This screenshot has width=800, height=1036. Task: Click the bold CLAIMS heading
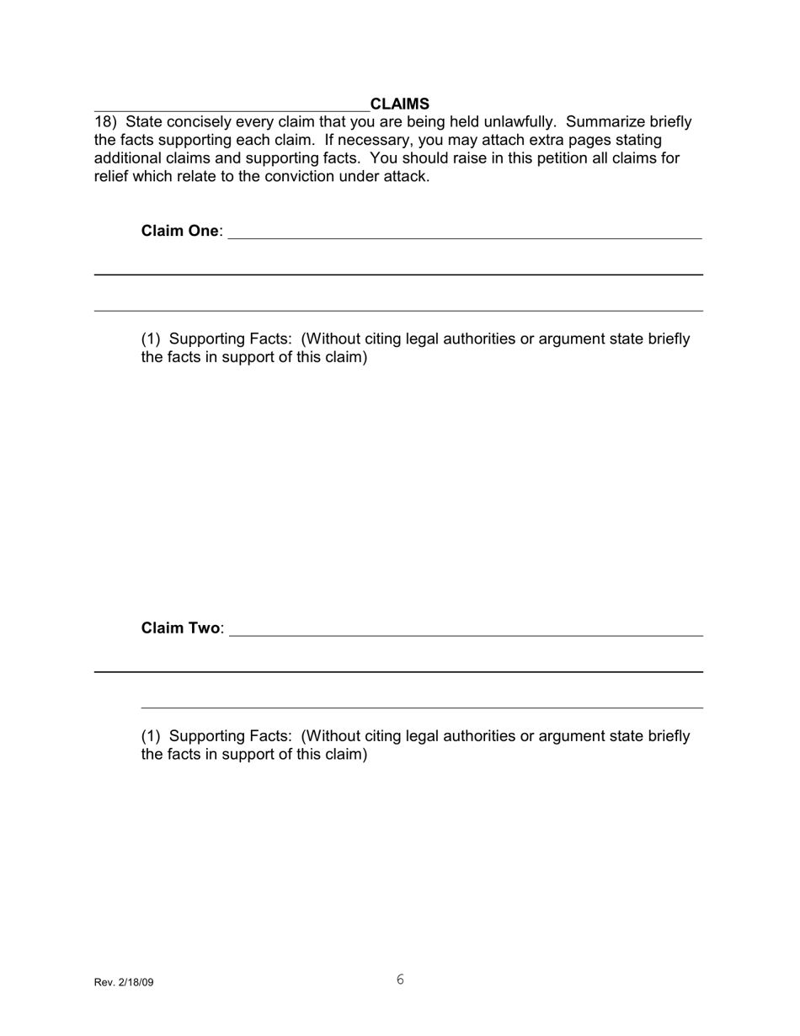coord(399,104)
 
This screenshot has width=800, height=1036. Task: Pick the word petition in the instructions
coord(475,158)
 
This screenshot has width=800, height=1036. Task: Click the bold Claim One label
coord(179,231)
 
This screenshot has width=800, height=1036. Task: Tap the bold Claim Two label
coord(180,628)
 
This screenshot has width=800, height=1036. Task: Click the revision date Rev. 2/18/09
coord(124,982)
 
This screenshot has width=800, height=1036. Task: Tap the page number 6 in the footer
coord(400,980)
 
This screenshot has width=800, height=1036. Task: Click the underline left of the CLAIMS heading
coord(232,110)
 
